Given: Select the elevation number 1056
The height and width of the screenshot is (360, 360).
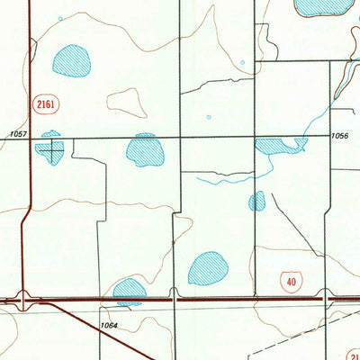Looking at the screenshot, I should coord(339,134).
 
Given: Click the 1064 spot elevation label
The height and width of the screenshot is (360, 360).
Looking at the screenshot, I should coord(109,325).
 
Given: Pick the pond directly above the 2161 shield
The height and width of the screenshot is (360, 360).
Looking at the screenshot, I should coord(72,61).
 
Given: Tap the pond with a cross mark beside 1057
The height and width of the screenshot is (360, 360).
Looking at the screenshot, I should coord(50,148).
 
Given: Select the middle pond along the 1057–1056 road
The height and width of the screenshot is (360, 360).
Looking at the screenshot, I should coord(145,150).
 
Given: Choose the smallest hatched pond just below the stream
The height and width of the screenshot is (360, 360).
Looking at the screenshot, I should coord(257,201).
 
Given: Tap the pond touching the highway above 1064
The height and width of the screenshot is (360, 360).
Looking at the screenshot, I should coord(129,290).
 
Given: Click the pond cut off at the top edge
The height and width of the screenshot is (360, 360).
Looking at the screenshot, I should coord(324,6).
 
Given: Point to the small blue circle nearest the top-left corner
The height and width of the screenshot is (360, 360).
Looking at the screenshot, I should coord(60,17).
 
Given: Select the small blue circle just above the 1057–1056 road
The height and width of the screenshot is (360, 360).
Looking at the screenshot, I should coord(209,116).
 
